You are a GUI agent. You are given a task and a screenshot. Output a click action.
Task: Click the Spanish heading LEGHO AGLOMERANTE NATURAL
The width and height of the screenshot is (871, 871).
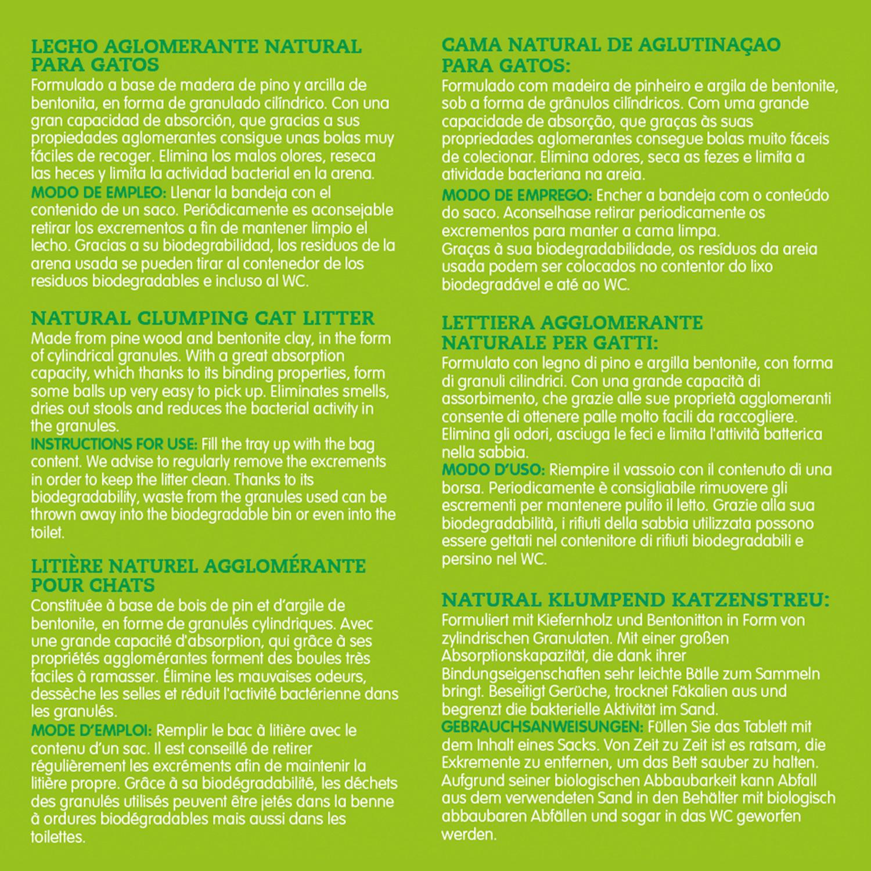coord(196,46)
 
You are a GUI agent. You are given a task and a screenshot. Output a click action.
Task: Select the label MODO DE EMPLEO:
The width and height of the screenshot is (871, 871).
coord(99,192)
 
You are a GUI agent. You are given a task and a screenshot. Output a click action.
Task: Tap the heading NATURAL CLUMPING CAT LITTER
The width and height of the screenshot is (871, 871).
coord(203,318)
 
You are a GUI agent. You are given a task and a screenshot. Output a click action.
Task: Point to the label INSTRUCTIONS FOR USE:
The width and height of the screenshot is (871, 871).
coord(114,444)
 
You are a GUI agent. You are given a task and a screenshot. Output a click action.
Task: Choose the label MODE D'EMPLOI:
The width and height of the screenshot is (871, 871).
coord(92,730)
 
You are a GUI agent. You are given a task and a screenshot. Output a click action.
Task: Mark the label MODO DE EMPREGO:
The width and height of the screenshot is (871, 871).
coord(517,195)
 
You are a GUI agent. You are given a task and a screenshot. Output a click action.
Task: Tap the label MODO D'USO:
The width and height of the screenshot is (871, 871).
coord(493,469)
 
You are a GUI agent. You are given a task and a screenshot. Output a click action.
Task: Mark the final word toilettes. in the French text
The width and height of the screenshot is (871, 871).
coord(58,837)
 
